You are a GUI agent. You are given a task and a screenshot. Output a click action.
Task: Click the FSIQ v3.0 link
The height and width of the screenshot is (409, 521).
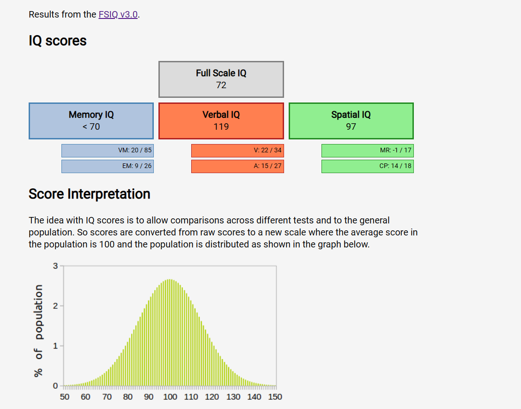(x=118, y=15)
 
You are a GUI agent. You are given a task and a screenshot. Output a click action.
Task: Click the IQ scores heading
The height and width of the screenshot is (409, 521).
(x=57, y=41)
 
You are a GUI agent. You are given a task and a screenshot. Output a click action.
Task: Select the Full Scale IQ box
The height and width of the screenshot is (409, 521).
(x=221, y=79)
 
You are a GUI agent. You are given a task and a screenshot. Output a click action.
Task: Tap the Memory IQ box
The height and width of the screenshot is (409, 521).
(x=91, y=121)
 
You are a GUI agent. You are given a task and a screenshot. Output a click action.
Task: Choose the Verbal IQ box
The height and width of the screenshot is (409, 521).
(x=221, y=121)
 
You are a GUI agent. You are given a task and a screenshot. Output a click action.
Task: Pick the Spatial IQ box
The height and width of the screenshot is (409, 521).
(x=351, y=121)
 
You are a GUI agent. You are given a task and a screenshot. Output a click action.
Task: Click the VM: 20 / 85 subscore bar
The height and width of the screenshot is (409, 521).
(x=108, y=150)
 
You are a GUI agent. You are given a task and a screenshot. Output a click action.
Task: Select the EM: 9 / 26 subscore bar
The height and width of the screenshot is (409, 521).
(x=108, y=166)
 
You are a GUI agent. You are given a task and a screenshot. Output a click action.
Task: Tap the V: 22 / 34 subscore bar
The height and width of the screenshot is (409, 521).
(x=237, y=150)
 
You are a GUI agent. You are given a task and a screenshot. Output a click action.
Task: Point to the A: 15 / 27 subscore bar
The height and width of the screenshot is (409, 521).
(x=237, y=166)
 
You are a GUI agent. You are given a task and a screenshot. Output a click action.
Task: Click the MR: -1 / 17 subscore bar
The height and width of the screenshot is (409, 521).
(x=368, y=150)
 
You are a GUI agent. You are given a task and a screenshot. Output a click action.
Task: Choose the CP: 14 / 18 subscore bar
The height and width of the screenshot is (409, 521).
(x=368, y=166)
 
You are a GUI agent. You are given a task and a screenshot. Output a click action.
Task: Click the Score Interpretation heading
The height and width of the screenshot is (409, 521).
(x=90, y=194)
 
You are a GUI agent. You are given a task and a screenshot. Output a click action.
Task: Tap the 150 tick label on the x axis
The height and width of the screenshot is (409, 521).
(x=275, y=397)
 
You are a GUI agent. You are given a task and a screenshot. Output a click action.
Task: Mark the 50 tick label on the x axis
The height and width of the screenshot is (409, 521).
(x=65, y=397)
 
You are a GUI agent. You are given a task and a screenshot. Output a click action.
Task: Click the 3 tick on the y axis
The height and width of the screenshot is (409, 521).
(x=55, y=266)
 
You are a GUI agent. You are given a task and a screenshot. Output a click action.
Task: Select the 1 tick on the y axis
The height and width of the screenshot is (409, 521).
(x=55, y=346)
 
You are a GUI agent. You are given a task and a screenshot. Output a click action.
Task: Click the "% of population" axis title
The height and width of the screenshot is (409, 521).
(x=38, y=331)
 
